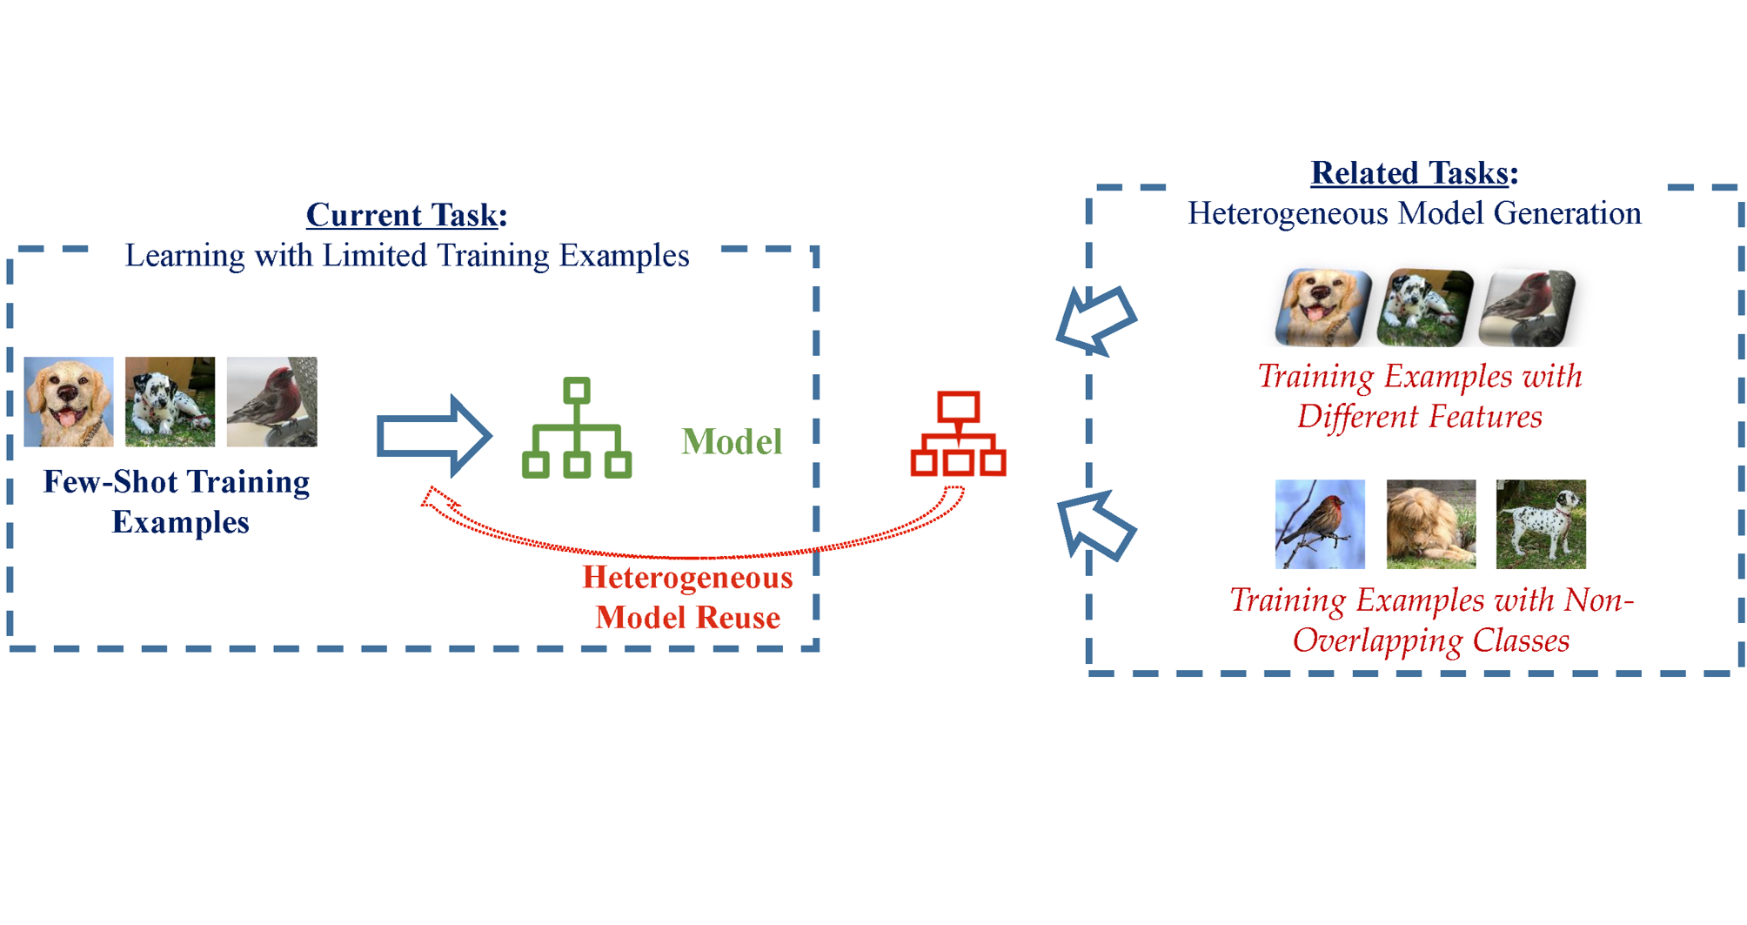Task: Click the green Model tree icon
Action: [577, 427]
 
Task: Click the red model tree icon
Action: [958, 433]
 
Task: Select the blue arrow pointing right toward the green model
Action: [433, 435]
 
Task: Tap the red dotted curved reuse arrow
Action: [696, 553]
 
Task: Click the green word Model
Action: [732, 441]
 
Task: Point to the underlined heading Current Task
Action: [402, 214]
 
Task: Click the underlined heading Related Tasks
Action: [1409, 172]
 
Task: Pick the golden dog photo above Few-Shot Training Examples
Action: [69, 401]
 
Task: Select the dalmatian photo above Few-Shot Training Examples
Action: [170, 401]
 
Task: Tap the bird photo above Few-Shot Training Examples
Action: [271, 401]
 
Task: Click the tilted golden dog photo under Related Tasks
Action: [1322, 306]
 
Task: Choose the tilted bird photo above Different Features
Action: [1528, 307]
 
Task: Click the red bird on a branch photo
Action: [1320, 524]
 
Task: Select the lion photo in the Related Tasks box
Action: [1431, 524]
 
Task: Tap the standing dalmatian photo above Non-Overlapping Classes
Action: [1541, 524]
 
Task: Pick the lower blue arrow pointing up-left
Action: [1096, 526]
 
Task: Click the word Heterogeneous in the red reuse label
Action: [687, 577]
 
